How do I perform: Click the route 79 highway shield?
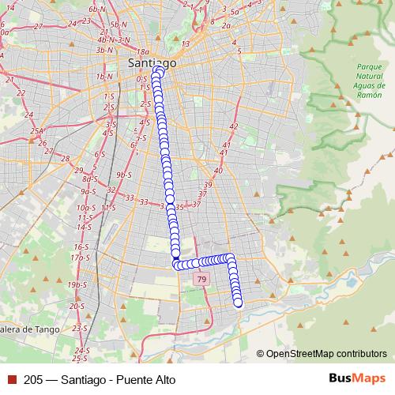click(202, 280)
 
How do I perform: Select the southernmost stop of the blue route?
click(238, 302)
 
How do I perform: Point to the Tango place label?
click(18, 329)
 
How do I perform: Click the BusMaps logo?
click(356, 378)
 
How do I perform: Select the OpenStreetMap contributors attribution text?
click(325, 354)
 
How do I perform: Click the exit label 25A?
click(37, 130)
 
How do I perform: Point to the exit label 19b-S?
click(77, 284)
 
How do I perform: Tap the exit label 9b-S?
click(122, 174)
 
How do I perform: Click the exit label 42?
click(233, 126)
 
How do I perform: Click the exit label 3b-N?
click(104, 50)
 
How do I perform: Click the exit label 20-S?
click(77, 306)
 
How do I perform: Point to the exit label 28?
click(66, 158)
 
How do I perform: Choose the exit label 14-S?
click(84, 226)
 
